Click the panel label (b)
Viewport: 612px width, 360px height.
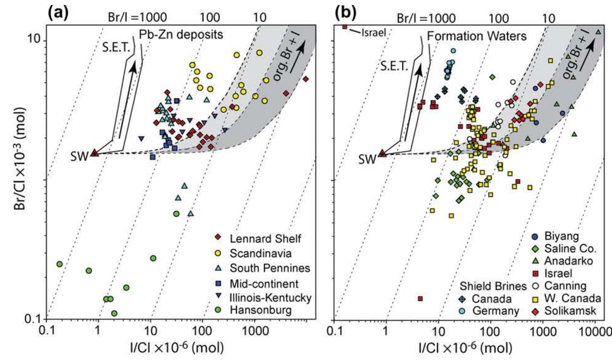tap(345, 12)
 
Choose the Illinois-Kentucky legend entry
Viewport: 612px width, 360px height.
tap(270, 298)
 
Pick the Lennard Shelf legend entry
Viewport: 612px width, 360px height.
tap(265, 238)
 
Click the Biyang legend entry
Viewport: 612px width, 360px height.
tap(561, 236)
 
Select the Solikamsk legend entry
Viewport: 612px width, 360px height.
tap(570, 311)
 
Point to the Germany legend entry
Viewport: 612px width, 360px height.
tap(495, 311)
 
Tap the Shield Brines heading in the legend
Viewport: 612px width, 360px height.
tap(493, 286)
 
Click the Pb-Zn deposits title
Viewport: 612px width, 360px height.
tap(181, 34)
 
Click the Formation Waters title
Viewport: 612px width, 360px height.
tap(476, 36)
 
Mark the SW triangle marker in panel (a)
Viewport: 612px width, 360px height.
tap(95, 153)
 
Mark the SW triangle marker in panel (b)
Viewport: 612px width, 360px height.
tap(382, 154)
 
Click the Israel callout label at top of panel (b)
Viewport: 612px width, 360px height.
tap(373, 33)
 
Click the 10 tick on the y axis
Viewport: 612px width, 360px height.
tap(35, 40)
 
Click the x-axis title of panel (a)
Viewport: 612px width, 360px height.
tap(177, 348)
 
